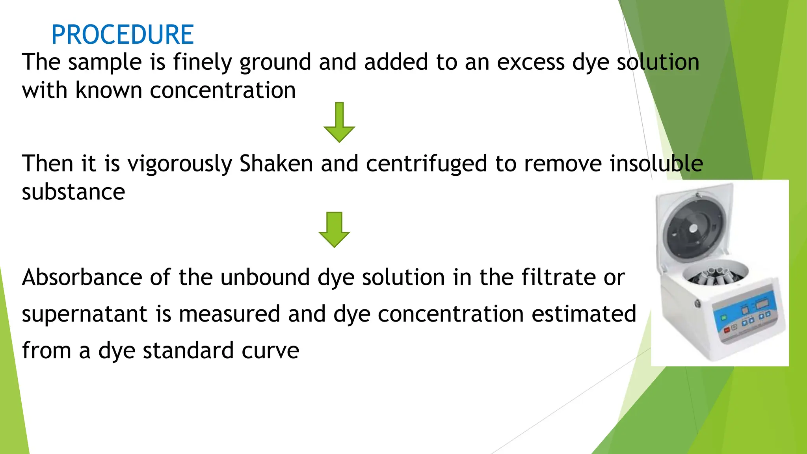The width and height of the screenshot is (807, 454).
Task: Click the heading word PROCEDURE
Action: pos(122,35)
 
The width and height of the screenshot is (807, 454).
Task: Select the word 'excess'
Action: pos(530,62)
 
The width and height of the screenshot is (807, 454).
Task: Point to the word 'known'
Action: pos(108,91)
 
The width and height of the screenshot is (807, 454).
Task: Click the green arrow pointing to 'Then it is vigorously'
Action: pos(339,122)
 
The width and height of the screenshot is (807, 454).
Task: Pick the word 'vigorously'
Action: pos(179,164)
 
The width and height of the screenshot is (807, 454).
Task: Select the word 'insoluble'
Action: pos(656,164)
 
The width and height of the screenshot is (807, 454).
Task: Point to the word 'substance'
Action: pos(73,192)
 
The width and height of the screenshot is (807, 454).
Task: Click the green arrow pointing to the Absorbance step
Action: pos(334,229)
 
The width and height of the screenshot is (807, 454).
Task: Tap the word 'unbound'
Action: pos(265,277)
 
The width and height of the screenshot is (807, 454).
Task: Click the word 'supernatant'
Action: pos(84,314)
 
